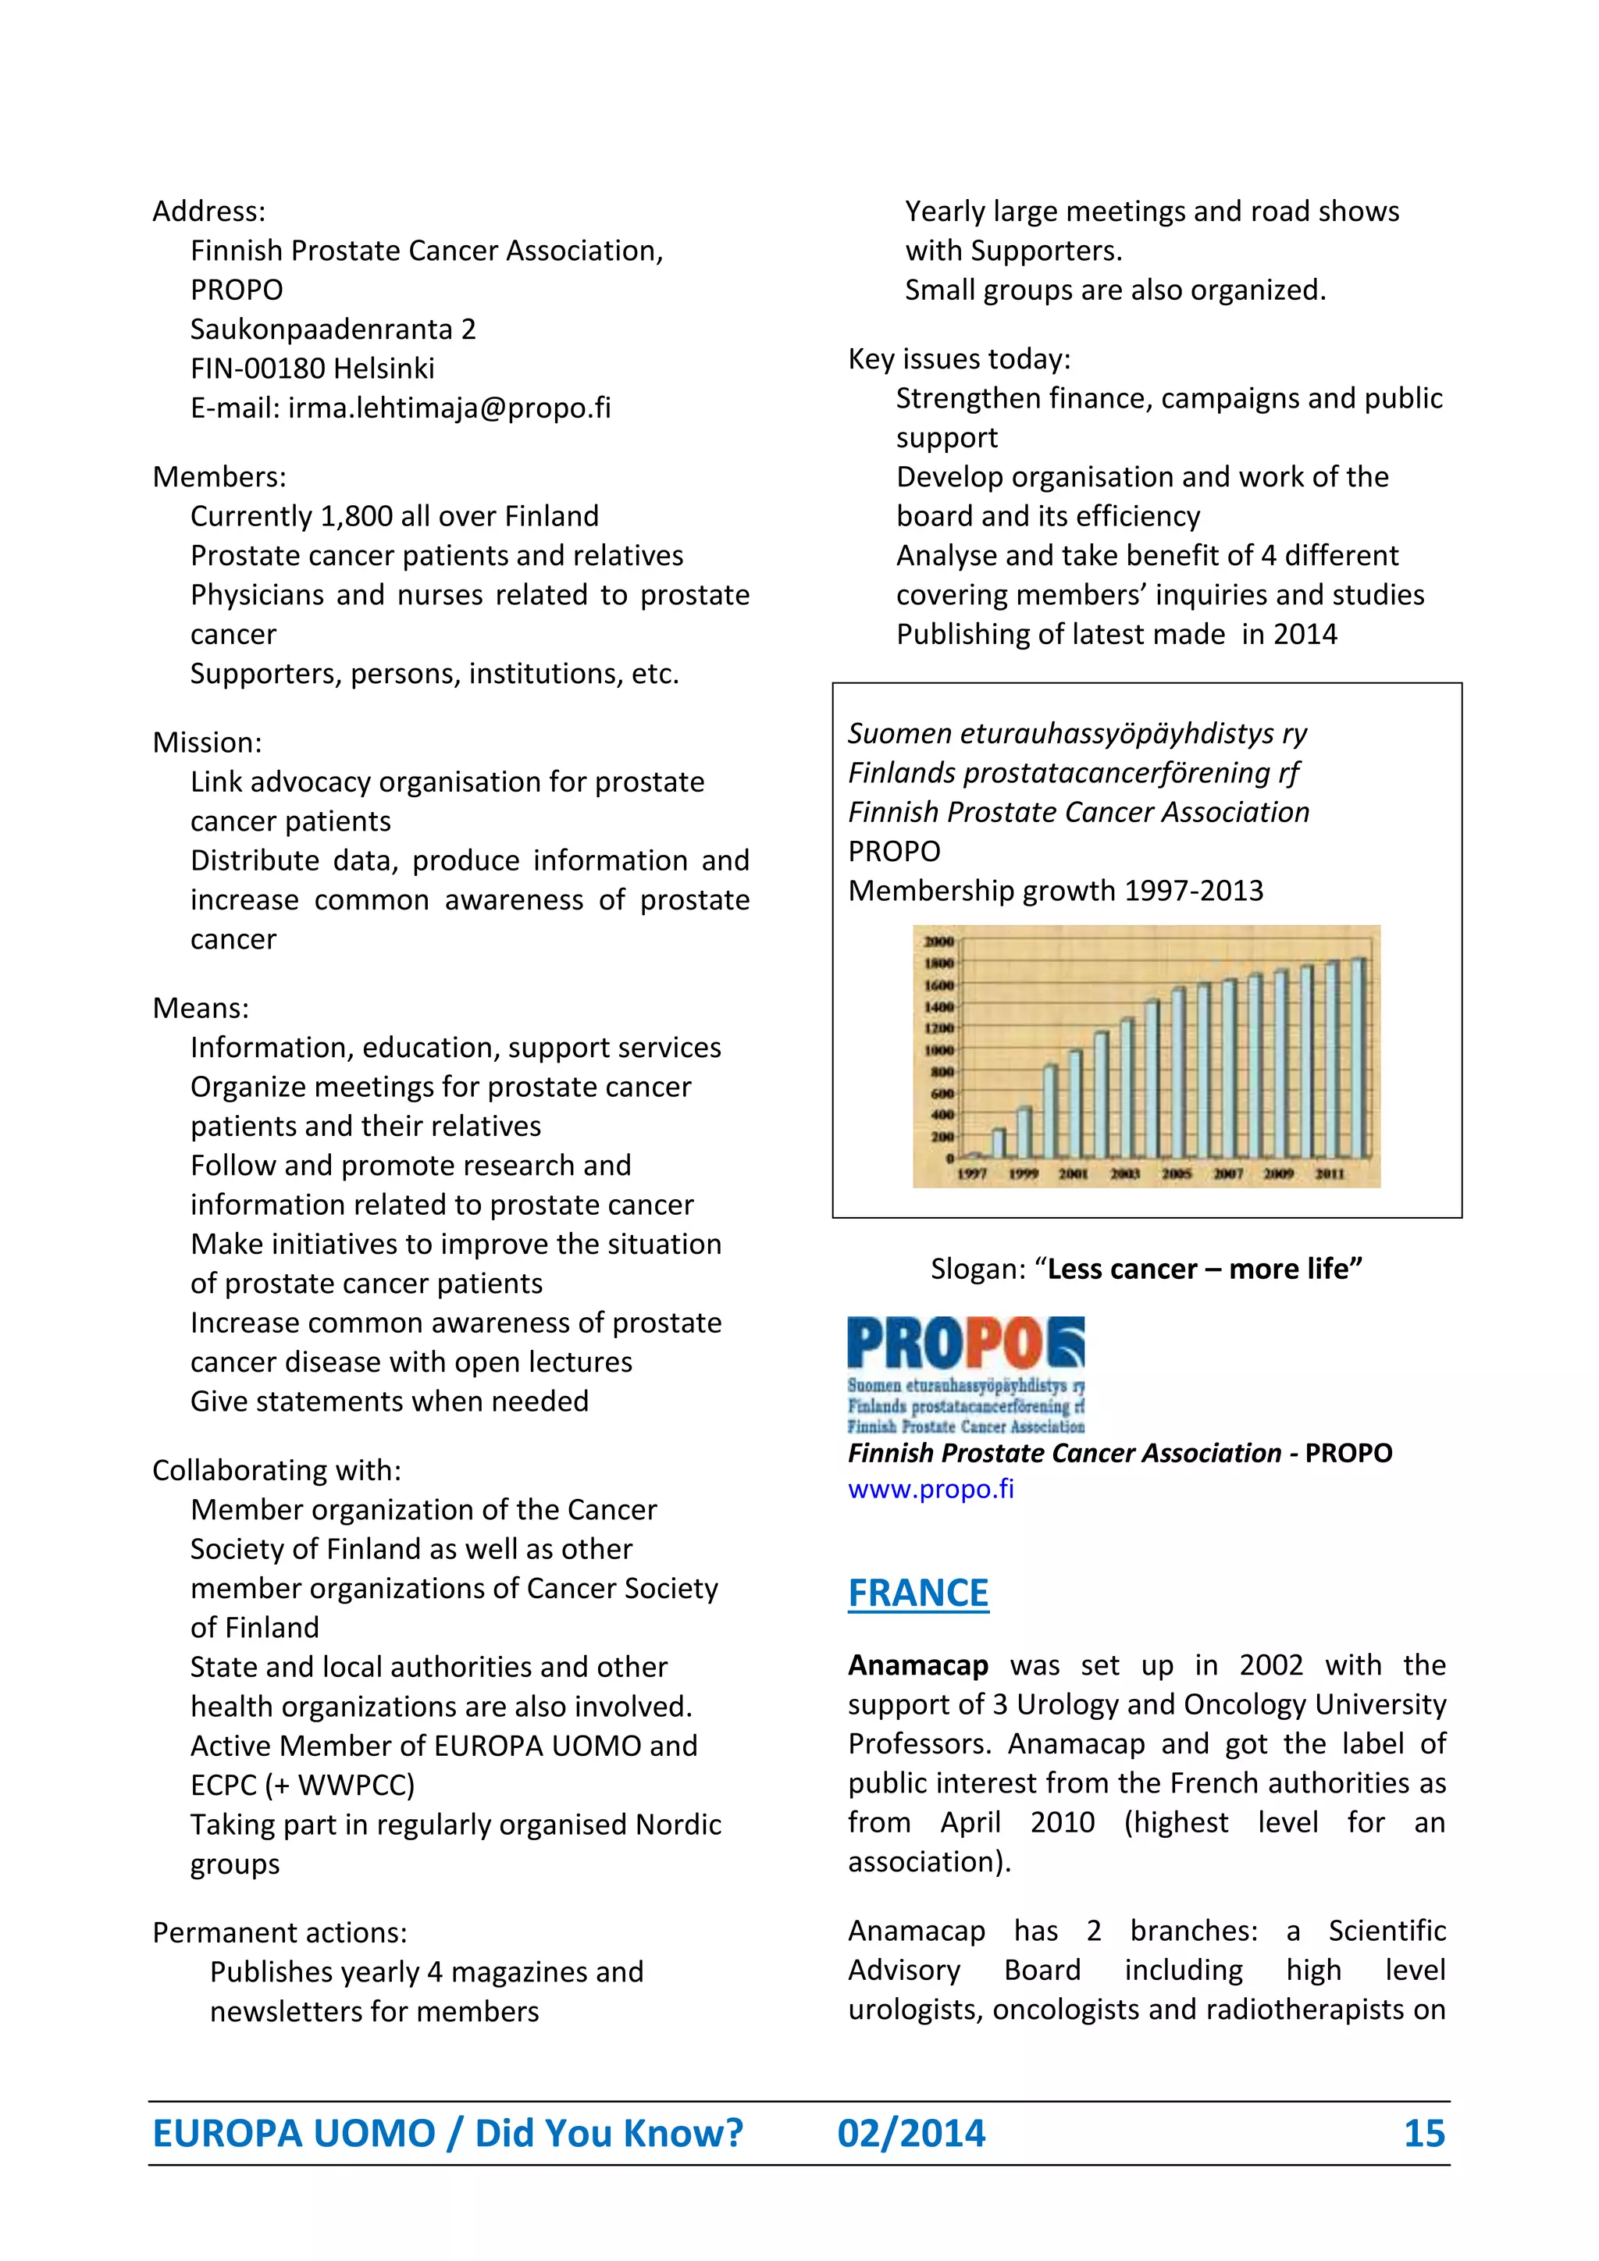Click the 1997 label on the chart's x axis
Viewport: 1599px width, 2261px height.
tap(972, 1173)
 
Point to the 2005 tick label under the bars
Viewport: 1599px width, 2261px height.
tap(1177, 1173)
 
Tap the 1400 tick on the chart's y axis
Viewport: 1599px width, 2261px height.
tap(938, 1006)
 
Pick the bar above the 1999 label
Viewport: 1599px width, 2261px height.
tap(1025, 1133)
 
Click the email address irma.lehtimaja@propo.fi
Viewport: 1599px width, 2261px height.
tap(449, 408)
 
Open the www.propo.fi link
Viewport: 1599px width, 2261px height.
tap(931, 1489)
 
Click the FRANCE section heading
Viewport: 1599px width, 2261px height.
tap(917, 1593)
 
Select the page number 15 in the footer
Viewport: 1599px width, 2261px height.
tap(1424, 2133)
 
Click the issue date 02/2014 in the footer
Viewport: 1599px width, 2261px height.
tap(911, 2133)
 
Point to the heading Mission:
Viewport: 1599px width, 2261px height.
tap(207, 742)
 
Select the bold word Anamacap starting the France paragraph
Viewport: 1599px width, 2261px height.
tap(917, 1665)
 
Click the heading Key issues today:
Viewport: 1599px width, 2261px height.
tap(959, 358)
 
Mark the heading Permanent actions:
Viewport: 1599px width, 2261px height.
tap(280, 1932)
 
